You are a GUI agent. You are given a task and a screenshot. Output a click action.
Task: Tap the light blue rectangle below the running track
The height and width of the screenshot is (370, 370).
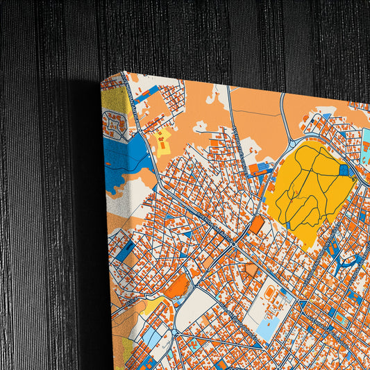point(267,326)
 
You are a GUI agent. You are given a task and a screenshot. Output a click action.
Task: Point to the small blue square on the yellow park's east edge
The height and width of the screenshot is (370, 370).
point(344,169)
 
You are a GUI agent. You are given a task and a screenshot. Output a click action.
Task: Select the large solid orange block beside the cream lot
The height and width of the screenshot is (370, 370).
point(176,285)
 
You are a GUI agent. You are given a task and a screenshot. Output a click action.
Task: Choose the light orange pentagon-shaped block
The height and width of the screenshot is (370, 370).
point(251,269)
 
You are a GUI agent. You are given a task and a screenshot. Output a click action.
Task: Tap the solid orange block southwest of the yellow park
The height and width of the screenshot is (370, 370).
point(257,224)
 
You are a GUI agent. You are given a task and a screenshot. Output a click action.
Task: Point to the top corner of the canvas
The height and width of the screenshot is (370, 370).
point(101,77)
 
